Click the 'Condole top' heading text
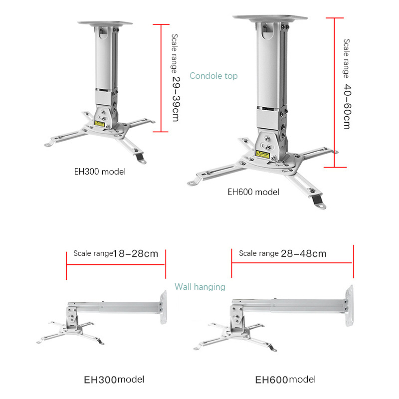pyautogui.click(x=213, y=76)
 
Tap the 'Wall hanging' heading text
pyautogui.click(x=199, y=287)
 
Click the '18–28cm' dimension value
pyautogui.click(x=136, y=253)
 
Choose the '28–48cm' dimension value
pyautogui.click(x=303, y=253)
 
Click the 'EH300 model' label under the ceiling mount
pyautogui.click(x=100, y=172)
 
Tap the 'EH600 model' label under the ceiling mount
pyautogui.click(x=253, y=192)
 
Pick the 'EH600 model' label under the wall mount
pyautogui.click(x=285, y=380)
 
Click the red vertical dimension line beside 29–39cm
pyautogui.click(x=161, y=77)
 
